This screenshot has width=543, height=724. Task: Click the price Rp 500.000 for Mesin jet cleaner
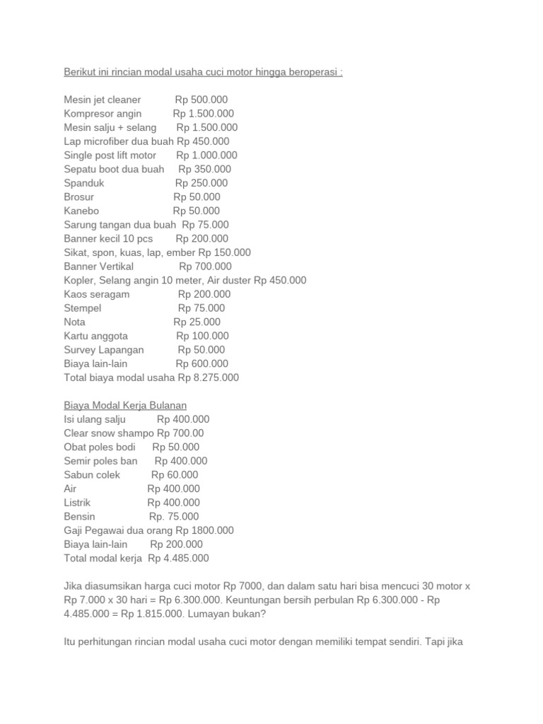pos(202,100)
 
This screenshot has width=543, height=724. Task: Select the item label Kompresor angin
pos(103,114)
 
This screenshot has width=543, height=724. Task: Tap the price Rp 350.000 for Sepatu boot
pos(204,169)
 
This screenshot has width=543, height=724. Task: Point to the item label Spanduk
pos(84,183)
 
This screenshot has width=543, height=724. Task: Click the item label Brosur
pos(78,197)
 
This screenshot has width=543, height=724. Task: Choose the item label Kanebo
pos(81,211)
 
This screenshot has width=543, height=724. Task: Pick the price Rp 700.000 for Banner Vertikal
pos(205,267)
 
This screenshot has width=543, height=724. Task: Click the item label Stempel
pos(83,308)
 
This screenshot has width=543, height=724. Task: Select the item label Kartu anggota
pos(95,336)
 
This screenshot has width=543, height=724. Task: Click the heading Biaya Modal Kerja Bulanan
pos(125,405)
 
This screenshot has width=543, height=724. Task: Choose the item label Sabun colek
pos(92,475)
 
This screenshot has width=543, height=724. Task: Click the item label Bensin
pos(79,517)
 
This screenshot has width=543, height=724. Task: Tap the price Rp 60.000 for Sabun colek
pos(175,475)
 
